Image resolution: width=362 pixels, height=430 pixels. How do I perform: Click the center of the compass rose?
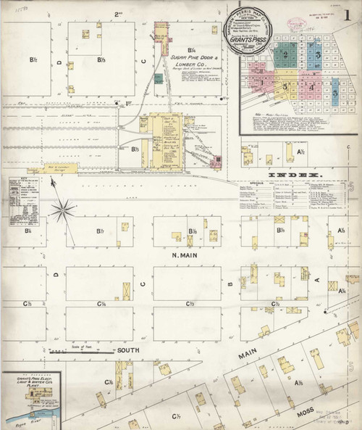(63, 211)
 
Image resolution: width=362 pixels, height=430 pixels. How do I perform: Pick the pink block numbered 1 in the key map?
(287, 86)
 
